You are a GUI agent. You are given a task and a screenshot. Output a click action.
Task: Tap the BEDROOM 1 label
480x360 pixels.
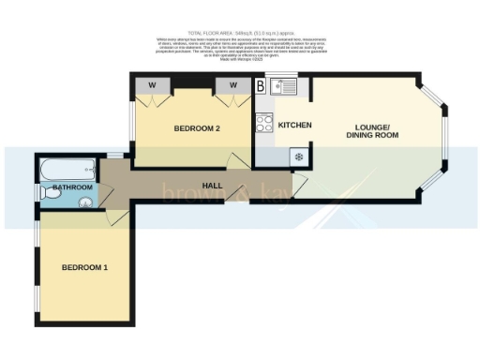[x=85, y=268]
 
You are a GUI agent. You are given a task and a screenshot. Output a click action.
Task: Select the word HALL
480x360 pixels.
[x=212, y=186]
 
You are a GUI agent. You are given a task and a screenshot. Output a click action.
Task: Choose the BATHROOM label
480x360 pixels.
[x=72, y=187]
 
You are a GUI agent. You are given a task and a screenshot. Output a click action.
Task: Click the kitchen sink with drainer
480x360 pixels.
[x=282, y=88]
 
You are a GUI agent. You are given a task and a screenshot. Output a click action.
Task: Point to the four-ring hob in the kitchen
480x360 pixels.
[x=264, y=123]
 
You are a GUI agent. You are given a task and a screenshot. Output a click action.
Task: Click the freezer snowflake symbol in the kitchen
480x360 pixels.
[x=299, y=157]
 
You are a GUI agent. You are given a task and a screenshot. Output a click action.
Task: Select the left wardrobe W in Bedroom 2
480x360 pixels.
[x=151, y=84]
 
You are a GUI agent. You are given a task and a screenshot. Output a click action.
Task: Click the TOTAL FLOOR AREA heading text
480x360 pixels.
[x=239, y=32]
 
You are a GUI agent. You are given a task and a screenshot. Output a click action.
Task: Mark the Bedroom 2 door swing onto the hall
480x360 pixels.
[x=243, y=159]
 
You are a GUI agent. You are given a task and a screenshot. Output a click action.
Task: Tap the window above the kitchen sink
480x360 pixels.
[x=282, y=75]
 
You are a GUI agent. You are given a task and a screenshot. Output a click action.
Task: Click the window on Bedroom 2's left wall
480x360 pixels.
[x=131, y=120]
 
